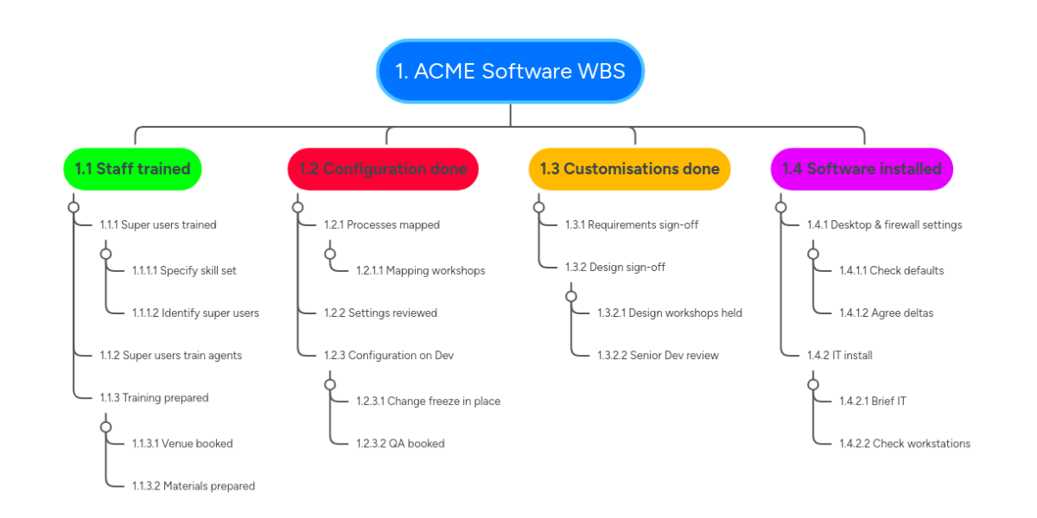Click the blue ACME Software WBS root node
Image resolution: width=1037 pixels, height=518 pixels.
pos(510,71)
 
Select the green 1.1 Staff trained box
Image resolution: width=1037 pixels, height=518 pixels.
pos(132,168)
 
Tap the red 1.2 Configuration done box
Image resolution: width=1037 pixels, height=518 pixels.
pos(383,168)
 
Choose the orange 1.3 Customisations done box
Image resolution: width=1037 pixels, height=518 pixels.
pos(629,168)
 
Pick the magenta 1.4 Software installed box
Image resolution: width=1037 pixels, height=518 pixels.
pos(862,168)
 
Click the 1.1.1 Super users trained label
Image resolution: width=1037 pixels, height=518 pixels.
pos(158,224)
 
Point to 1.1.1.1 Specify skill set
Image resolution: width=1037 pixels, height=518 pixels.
pos(184,270)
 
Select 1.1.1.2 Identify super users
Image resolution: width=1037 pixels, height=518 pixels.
pos(195,313)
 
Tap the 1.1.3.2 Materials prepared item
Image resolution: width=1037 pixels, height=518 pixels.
pos(194,486)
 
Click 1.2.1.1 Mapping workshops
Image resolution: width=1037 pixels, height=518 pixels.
pos(420,270)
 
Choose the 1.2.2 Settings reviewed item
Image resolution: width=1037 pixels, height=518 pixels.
pos(380,313)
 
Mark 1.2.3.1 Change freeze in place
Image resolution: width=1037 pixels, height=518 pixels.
pos(428,401)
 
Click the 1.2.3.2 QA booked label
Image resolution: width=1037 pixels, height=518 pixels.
pos(400,443)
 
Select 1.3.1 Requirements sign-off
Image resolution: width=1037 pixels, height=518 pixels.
pos(632,224)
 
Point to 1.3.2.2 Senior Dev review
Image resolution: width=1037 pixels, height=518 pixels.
pos(658,355)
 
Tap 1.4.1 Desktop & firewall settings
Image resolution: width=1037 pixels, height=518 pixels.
pos(884,224)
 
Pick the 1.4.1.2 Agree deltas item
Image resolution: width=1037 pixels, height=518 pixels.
pos(886,313)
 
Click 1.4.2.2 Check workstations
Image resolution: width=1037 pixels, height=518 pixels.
pos(904,443)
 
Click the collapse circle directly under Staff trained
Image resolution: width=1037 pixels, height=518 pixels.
pos(73,207)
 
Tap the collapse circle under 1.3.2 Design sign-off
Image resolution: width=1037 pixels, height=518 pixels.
pos(570,296)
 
